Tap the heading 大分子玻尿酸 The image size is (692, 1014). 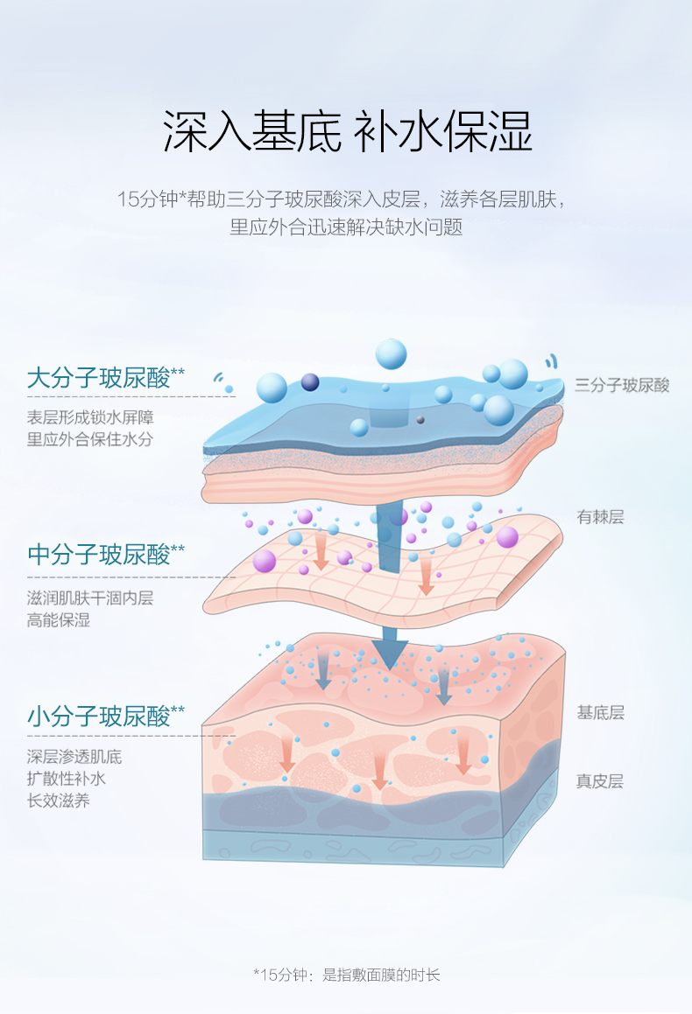pos(98,378)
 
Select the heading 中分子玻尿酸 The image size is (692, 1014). pos(98,554)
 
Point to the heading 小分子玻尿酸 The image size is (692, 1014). pos(98,717)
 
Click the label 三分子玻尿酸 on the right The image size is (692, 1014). pos(622,385)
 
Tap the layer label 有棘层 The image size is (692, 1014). pos(600,517)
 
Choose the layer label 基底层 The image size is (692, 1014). pos(600,712)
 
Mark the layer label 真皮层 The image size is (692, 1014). pos(600,781)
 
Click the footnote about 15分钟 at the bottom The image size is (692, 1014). pos(346,974)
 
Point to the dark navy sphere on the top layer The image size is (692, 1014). pos(310,381)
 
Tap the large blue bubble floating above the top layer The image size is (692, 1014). pos(391,354)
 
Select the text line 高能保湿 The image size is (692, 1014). pos(59,620)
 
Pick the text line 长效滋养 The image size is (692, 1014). pos(59,800)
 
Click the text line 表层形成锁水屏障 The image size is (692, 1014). pos(90,417)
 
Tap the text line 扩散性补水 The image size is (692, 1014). pos(67,778)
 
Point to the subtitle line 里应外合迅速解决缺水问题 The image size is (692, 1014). pos(346,227)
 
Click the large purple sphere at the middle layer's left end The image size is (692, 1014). pos(265,561)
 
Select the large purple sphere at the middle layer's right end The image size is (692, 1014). pos(507,536)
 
